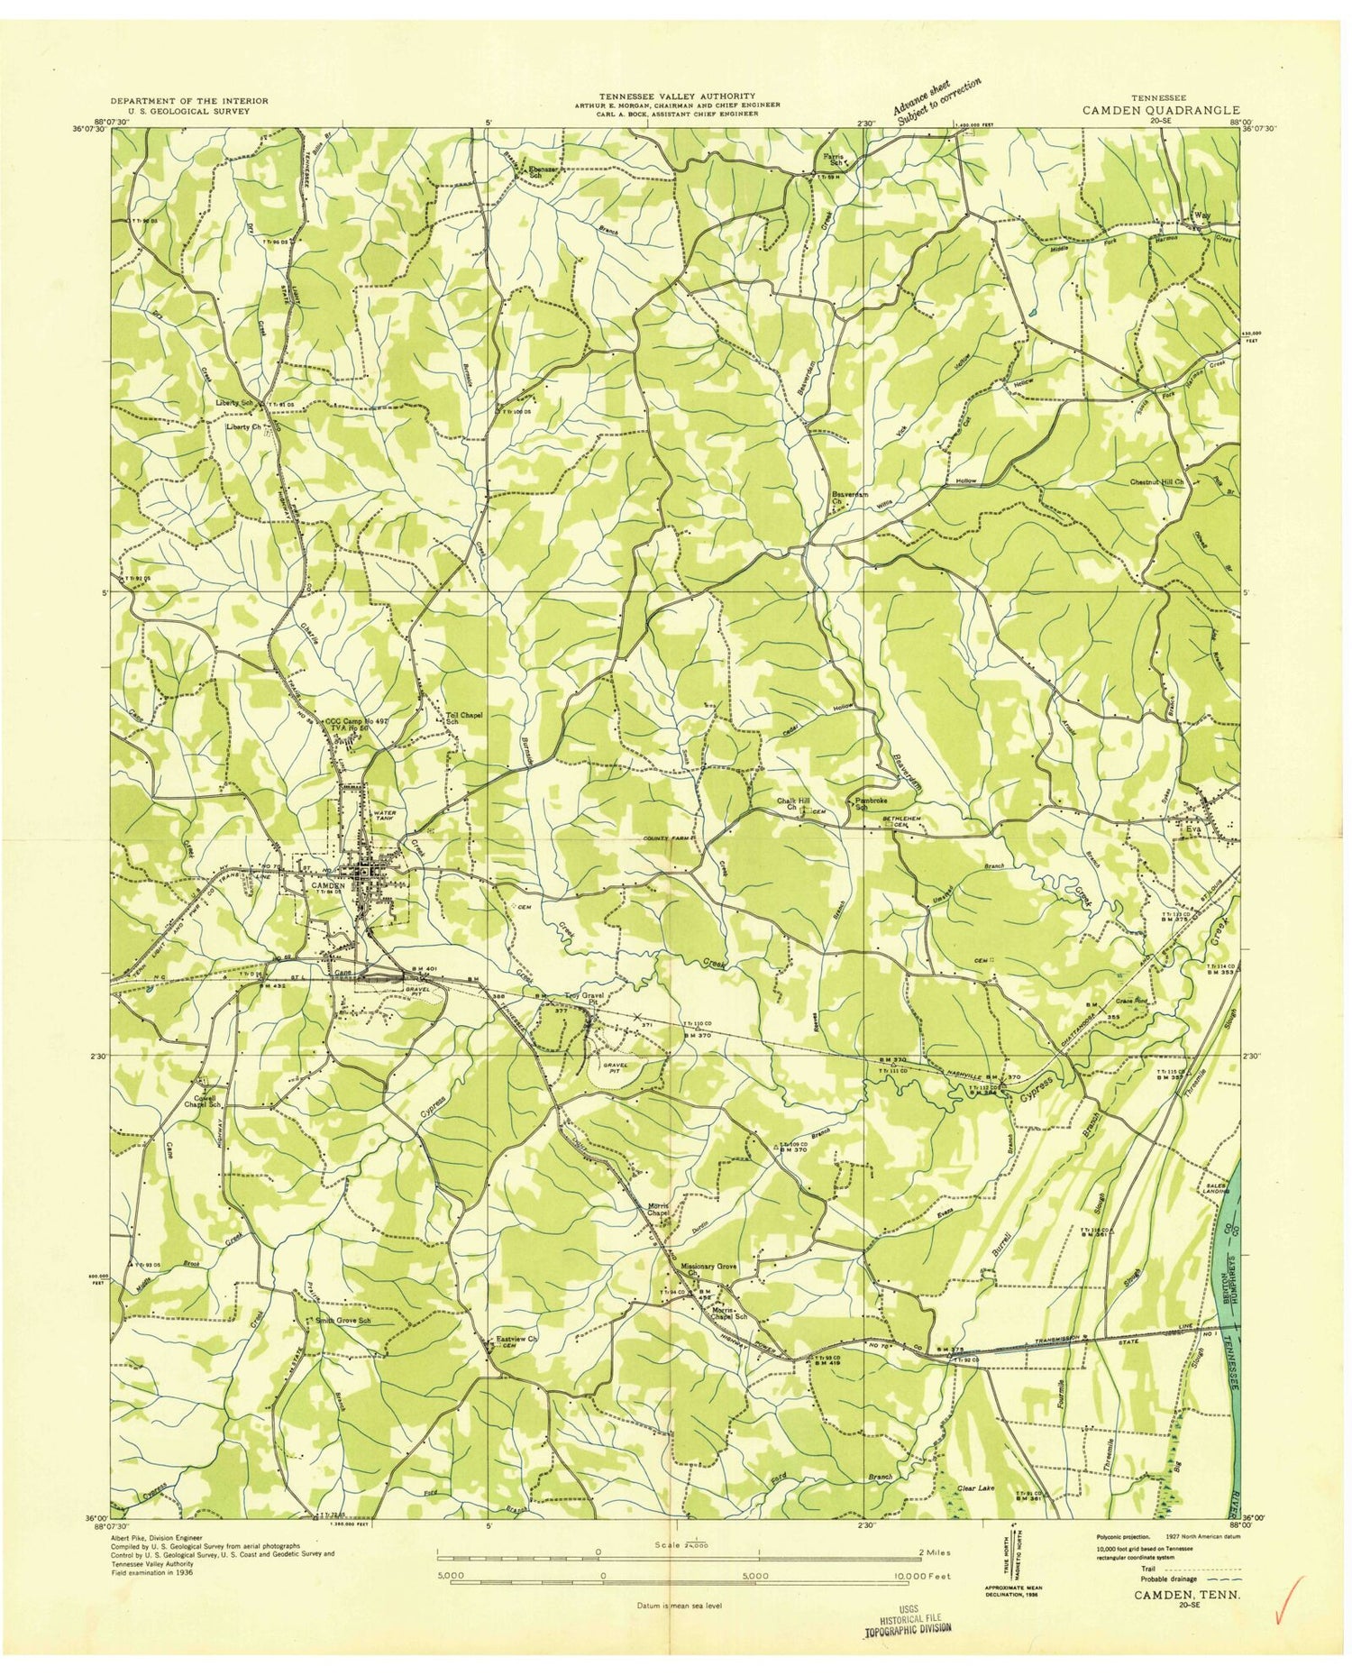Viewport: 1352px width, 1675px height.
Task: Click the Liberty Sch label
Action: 237,402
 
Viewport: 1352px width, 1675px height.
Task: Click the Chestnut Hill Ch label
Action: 1156,482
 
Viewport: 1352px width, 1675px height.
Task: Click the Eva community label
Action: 1194,829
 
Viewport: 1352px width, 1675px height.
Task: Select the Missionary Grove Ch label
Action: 709,1269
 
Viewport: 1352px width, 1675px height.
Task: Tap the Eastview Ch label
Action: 516,1340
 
